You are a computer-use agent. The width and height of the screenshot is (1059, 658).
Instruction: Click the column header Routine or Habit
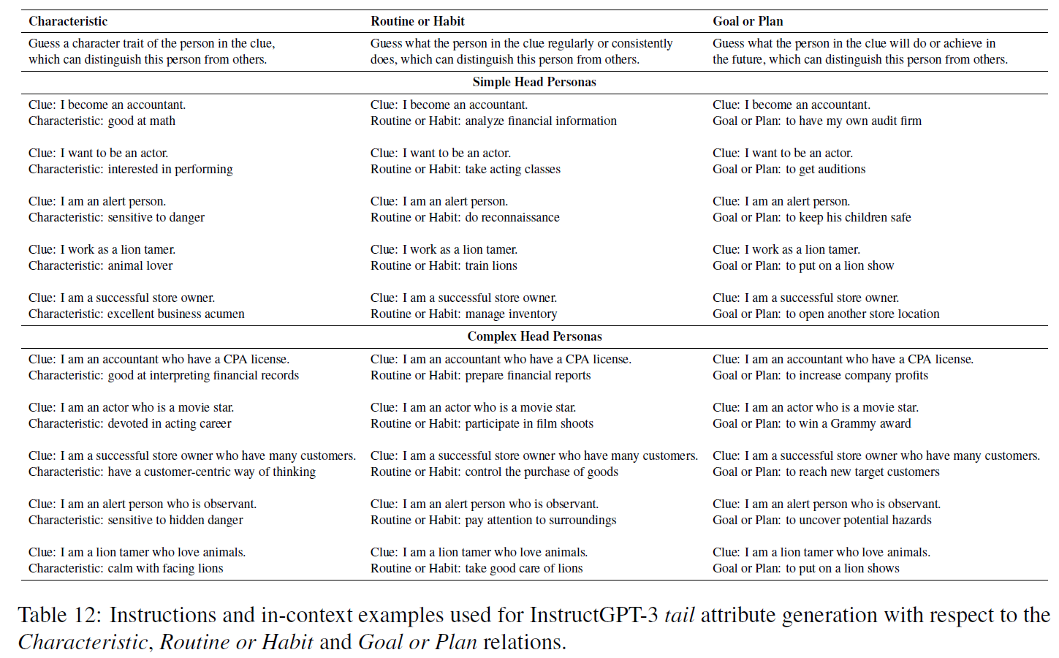click(x=417, y=21)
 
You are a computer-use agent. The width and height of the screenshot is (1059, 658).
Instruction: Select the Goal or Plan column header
click(x=748, y=21)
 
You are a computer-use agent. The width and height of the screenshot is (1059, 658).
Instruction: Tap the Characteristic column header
click(x=68, y=21)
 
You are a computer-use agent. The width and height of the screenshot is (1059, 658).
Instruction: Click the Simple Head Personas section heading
click(x=534, y=82)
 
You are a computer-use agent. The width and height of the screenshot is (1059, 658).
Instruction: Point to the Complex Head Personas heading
click(x=534, y=336)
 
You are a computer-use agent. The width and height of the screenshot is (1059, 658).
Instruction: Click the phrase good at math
click(x=142, y=121)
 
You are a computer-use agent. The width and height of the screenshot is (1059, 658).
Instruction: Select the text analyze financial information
click(x=541, y=121)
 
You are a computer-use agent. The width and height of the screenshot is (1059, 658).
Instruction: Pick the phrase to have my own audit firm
click(x=854, y=121)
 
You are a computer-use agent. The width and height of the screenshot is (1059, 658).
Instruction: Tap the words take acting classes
click(x=513, y=170)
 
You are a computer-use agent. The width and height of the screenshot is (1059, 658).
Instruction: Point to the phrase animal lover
click(x=140, y=266)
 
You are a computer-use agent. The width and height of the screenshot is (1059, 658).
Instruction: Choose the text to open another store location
click(x=862, y=314)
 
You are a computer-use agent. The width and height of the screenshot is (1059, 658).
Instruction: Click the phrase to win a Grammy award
click(x=849, y=424)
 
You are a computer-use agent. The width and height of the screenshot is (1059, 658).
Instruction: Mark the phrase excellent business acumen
click(x=176, y=314)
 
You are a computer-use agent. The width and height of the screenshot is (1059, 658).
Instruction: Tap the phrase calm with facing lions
click(x=166, y=569)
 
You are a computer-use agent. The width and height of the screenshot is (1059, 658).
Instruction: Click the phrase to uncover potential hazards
click(x=859, y=521)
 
